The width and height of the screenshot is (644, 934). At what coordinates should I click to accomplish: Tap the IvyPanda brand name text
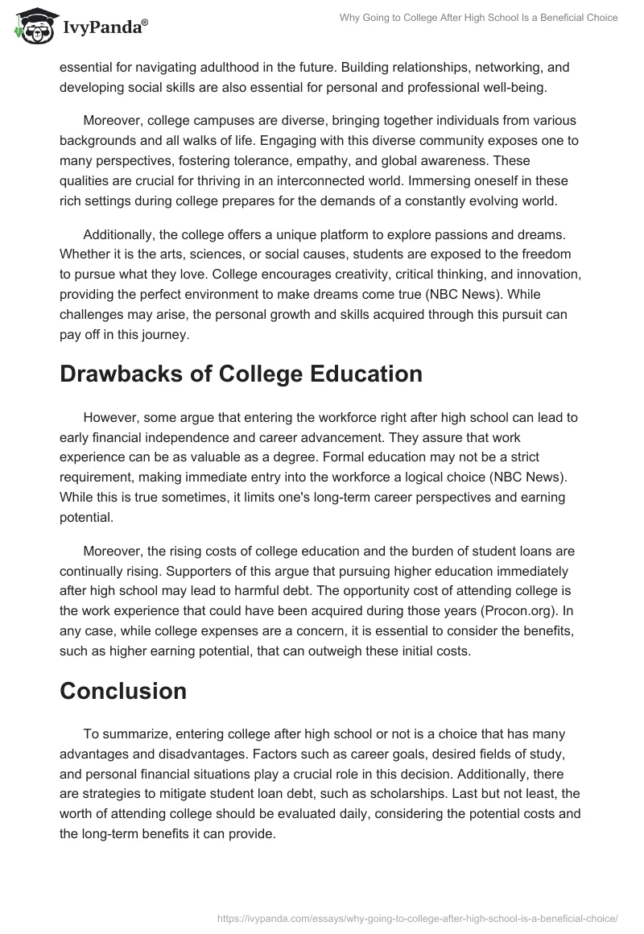[105, 27]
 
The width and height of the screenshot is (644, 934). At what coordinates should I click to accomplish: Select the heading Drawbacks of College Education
[241, 374]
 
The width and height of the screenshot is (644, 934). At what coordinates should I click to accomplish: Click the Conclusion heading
[122, 690]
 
